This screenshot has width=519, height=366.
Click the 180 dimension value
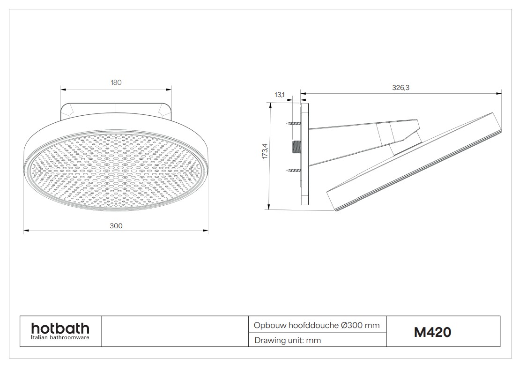[116, 82]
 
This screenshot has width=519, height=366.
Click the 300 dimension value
[116, 225]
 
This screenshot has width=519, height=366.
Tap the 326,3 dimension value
[400, 88]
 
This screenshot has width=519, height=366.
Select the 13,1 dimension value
[279, 95]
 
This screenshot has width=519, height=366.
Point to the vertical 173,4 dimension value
[265, 151]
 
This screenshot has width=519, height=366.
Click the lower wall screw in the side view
[294, 171]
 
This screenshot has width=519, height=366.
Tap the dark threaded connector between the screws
[297, 147]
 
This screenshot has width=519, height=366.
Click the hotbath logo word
[60, 329]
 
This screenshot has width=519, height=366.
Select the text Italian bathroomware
[60, 337]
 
